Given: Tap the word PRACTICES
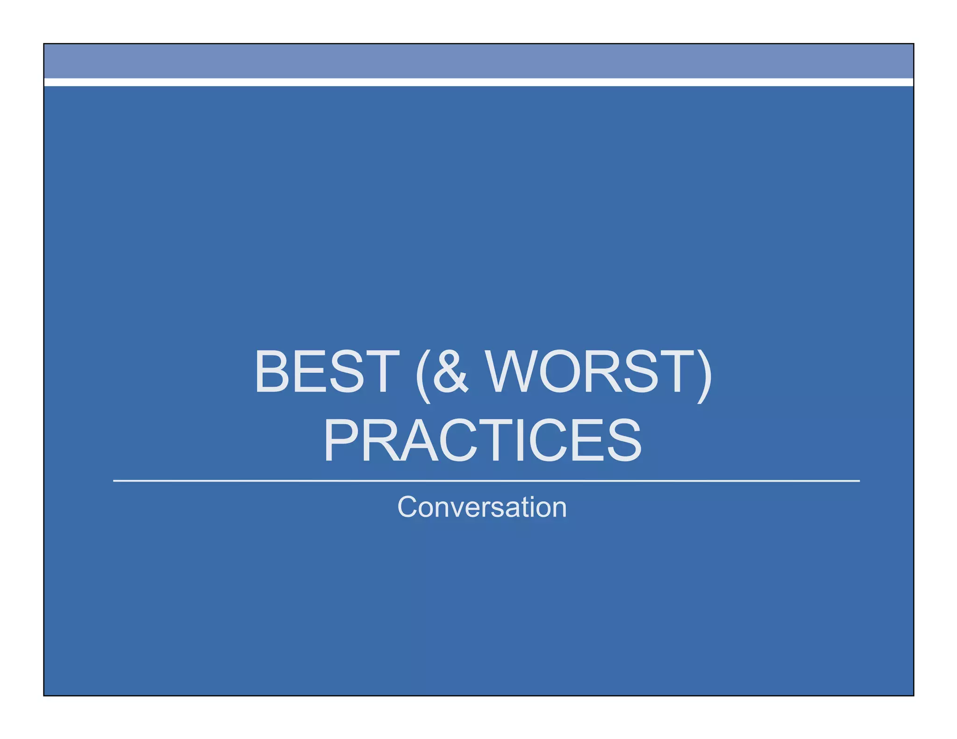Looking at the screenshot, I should click(x=483, y=440).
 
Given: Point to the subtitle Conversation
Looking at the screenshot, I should click(x=482, y=507).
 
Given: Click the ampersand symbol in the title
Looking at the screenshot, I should click(x=450, y=372).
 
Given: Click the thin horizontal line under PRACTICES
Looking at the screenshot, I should click(x=486, y=480).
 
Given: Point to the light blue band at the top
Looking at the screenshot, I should click(x=478, y=61).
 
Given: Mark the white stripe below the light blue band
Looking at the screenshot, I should click(x=478, y=82).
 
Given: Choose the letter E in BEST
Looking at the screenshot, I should click(x=308, y=372).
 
